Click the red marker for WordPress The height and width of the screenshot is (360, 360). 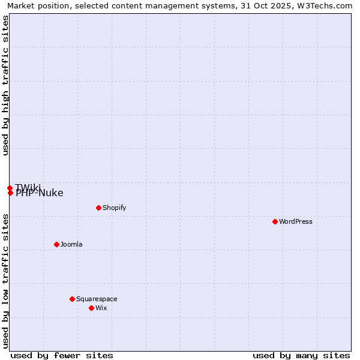tap(275, 221)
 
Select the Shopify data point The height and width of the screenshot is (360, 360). tap(98, 208)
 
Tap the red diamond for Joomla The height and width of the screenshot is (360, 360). tap(56, 244)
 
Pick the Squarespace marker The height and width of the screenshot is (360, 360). tap(72, 299)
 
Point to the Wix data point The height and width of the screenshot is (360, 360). tap(91, 308)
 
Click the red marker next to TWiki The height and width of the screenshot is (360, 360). tap(10, 188)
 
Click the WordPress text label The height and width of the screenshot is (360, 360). tap(296, 221)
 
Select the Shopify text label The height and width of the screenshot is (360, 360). tap(114, 208)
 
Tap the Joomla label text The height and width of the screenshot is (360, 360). tap(71, 244)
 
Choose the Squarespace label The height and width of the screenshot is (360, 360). tap(97, 299)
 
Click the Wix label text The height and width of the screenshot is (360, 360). tap(101, 308)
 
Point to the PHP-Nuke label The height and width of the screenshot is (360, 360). tap(40, 193)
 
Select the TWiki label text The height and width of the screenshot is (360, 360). tap(29, 187)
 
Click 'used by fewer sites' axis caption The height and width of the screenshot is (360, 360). tap(62, 355)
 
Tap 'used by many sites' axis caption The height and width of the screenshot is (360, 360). tap(301, 355)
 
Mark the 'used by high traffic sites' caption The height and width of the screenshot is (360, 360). tap(5, 85)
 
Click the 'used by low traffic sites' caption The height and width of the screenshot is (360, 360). tap(5, 280)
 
